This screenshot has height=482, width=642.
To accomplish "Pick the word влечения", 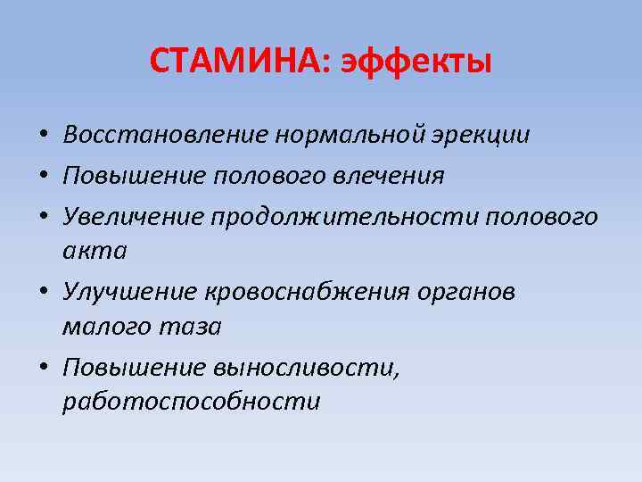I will [x=393, y=176].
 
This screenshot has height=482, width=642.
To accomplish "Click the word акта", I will [x=95, y=251].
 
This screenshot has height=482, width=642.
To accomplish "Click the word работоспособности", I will [x=191, y=403].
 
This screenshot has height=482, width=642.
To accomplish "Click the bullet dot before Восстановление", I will [x=43, y=137].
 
